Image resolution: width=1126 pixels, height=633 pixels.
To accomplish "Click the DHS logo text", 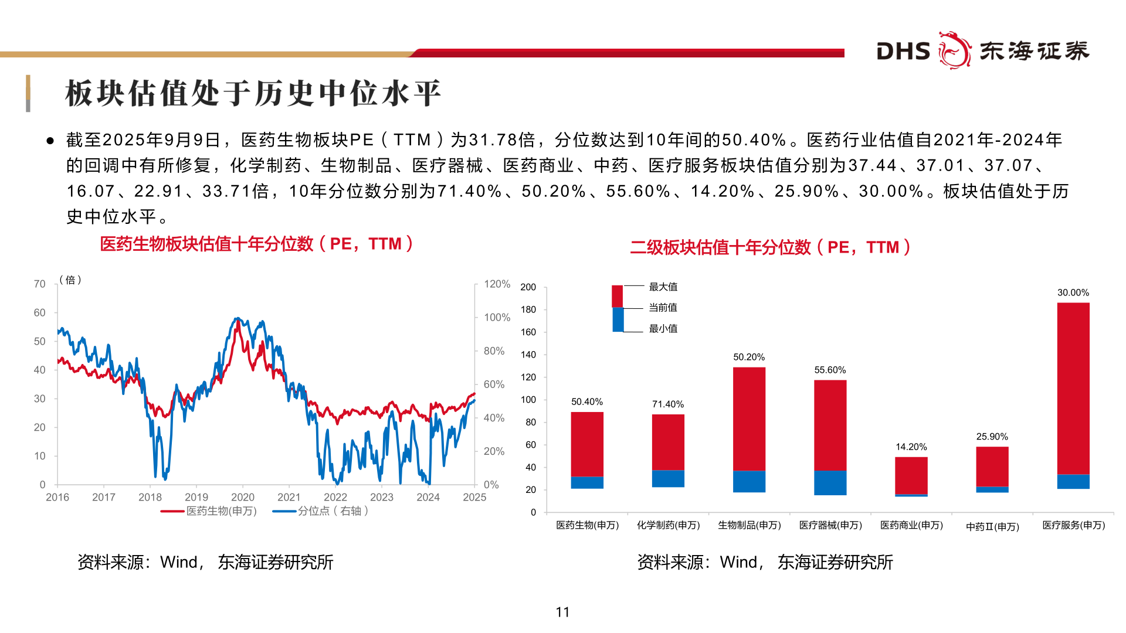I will click(x=903, y=52).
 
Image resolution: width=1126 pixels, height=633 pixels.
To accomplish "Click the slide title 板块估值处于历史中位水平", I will click(x=253, y=94).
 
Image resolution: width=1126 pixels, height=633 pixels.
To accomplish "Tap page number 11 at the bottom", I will click(x=562, y=612).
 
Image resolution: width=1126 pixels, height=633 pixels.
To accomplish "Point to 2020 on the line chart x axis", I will click(x=242, y=497).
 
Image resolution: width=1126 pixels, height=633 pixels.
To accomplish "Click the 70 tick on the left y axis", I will click(x=39, y=284).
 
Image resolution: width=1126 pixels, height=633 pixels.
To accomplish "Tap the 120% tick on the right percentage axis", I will click(x=497, y=284).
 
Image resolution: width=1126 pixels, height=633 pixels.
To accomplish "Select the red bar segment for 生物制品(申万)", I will click(x=749, y=418).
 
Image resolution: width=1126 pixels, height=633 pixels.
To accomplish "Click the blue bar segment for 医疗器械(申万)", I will click(x=830, y=483).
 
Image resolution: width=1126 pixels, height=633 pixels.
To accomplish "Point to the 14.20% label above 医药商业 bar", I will click(x=911, y=447).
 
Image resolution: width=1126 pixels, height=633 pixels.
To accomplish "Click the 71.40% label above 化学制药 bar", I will click(x=668, y=404).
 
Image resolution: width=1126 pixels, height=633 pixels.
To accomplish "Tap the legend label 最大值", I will click(x=663, y=287).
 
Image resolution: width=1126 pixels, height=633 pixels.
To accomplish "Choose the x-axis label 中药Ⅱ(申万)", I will click(x=992, y=526).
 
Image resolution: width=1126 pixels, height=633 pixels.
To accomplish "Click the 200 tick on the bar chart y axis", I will click(x=528, y=287).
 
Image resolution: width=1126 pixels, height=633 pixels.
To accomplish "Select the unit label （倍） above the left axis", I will click(x=70, y=280).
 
